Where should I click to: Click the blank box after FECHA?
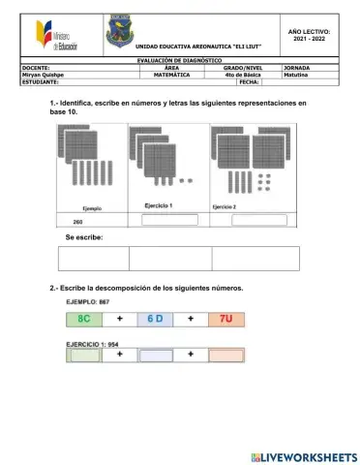(x=242, y=82)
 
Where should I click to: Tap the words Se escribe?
(x=83, y=237)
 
